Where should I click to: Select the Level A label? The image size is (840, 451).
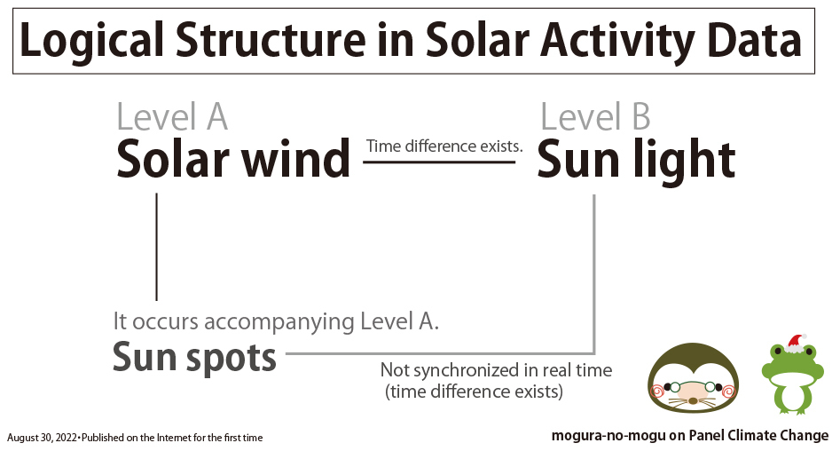coord(172,116)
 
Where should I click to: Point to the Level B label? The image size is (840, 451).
coord(595,116)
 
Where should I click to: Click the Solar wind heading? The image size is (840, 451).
coord(233,159)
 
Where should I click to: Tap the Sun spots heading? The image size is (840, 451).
coord(194,358)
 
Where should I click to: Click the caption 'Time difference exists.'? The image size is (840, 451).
coord(444,146)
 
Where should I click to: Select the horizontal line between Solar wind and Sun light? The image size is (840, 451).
coord(439,162)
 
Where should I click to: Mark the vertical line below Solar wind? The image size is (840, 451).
coord(156,247)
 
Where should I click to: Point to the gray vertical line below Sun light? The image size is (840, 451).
coord(594,273)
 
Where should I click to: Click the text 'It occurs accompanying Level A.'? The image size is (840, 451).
coord(276,321)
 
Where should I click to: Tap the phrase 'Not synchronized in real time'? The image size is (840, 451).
coord(496,370)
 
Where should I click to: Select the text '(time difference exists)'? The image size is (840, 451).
coord(474,392)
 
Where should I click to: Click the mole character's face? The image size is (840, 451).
coord(694,378)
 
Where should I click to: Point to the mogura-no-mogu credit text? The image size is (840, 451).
coord(690,436)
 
